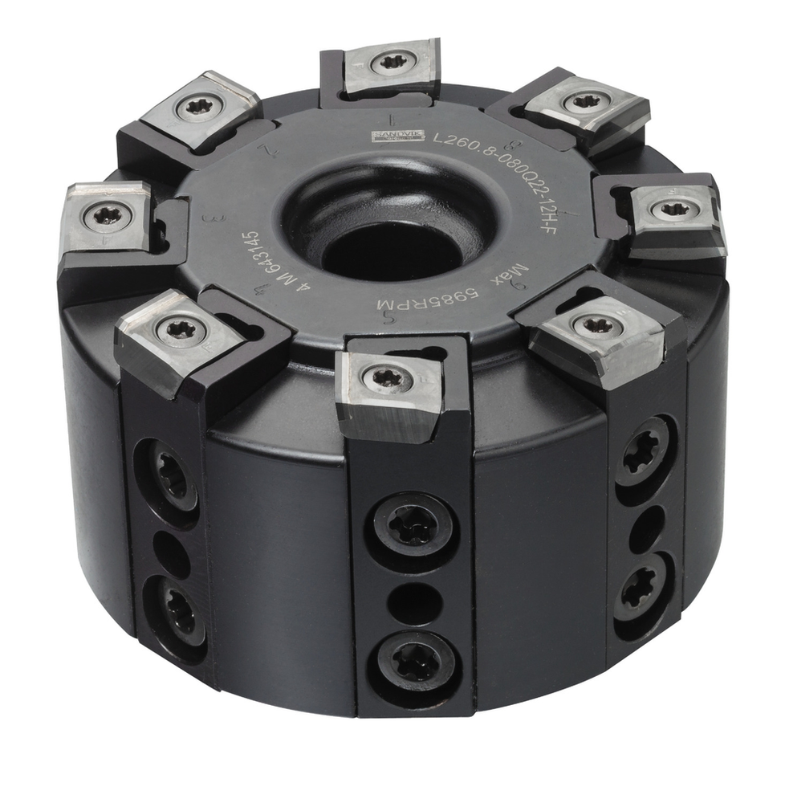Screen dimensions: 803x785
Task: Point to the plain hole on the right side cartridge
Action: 646,530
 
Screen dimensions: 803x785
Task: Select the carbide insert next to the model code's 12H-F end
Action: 672,210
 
